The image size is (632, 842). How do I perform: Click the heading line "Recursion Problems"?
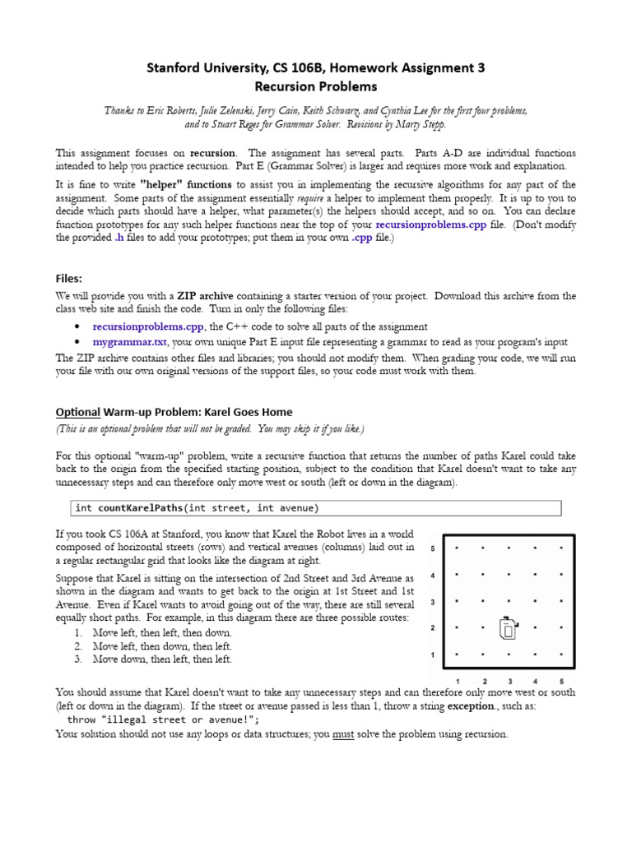tap(316, 86)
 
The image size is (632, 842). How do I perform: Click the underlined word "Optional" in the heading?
tap(77, 411)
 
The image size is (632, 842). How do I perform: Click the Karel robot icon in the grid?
tap(509, 629)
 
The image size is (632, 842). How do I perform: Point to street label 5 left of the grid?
tap(433, 548)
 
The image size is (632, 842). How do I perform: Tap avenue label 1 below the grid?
tap(458, 681)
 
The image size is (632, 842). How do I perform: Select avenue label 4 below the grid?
tap(536, 681)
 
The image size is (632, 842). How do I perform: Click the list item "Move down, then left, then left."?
tap(162, 659)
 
